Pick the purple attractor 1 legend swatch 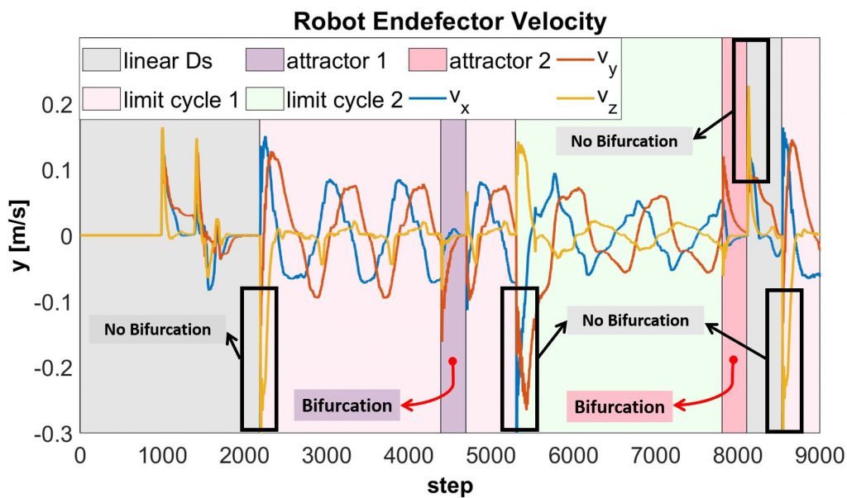tap(264, 60)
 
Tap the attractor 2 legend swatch tap(428, 60)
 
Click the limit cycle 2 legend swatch tap(264, 100)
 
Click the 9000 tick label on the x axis tap(818, 454)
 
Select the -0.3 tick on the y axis tap(54, 434)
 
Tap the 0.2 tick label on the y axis tap(58, 105)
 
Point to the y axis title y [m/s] tap(17, 235)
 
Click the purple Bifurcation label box tap(347, 406)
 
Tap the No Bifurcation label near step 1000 tap(157, 330)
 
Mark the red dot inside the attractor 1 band tap(452, 361)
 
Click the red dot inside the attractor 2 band tap(734, 359)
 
